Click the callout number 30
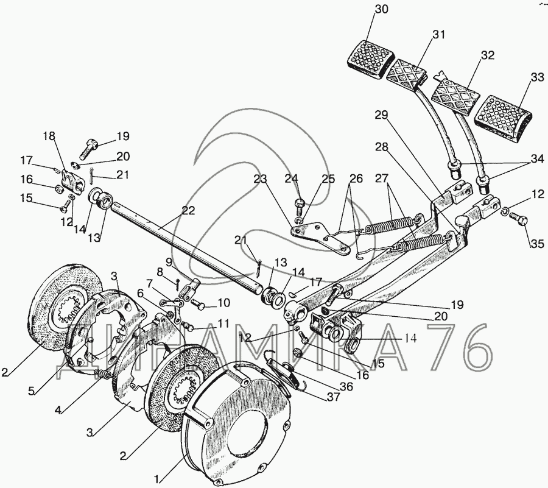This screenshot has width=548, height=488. pyautogui.click(x=380, y=9)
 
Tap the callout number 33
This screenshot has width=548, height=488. pyautogui.click(x=536, y=77)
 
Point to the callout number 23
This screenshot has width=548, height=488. pyautogui.click(x=261, y=179)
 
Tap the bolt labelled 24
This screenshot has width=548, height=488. pyautogui.click(x=298, y=203)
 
